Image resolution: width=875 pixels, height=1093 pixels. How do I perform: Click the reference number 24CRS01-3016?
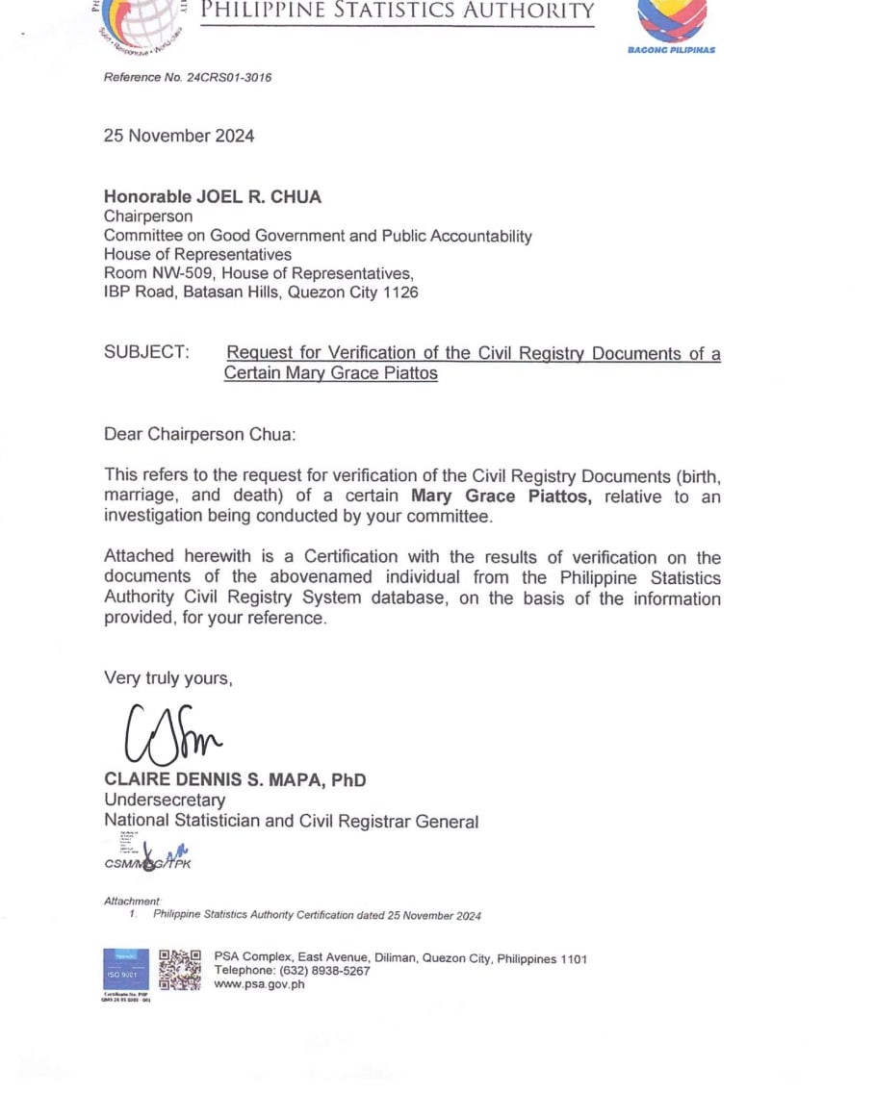click(228, 77)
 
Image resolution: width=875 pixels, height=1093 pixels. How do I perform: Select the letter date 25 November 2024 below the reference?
click(179, 136)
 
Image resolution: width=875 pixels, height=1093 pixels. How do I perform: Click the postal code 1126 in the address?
click(400, 292)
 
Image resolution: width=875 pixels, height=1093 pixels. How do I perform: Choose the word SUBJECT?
click(146, 353)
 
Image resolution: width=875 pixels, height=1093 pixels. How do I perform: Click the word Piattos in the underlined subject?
click(408, 373)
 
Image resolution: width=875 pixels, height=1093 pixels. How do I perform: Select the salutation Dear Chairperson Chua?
click(200, 434)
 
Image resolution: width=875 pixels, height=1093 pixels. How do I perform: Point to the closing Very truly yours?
click(168, 678)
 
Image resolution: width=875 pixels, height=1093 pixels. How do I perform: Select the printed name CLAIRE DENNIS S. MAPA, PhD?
click(235, 780)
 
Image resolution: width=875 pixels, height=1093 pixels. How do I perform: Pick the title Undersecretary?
click(165, 801)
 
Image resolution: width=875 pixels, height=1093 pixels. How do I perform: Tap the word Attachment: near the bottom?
click(133, 902)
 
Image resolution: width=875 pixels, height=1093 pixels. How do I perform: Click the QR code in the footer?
click(180, 970)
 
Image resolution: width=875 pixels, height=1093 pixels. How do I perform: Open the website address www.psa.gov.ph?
click(260, 984)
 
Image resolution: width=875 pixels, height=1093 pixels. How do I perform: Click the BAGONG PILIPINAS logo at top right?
click(671, 27)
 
